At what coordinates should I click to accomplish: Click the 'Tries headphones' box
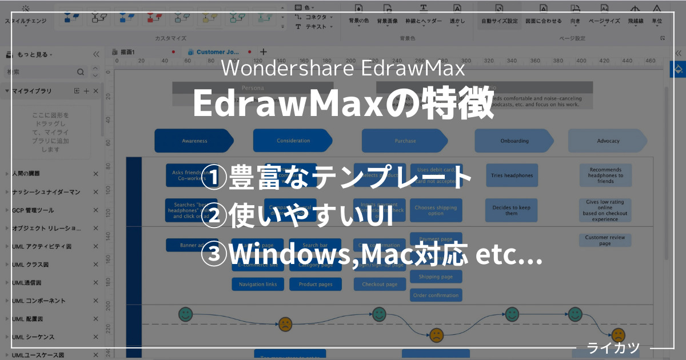click(512, 175)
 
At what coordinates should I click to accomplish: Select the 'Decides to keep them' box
click(512, 210)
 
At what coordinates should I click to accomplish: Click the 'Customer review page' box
click(605, 240)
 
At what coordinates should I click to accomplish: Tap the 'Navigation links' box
click(258, 284)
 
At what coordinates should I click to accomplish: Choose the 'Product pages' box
click(316, 284)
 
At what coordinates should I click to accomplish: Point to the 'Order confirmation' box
click(436, 295)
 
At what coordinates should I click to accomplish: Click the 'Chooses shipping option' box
click(436, 210)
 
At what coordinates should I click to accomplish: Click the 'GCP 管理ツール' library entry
click(34, 210)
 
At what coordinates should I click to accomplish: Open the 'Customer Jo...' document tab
click(218, 52)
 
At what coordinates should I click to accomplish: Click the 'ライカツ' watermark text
click(613, 347)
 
